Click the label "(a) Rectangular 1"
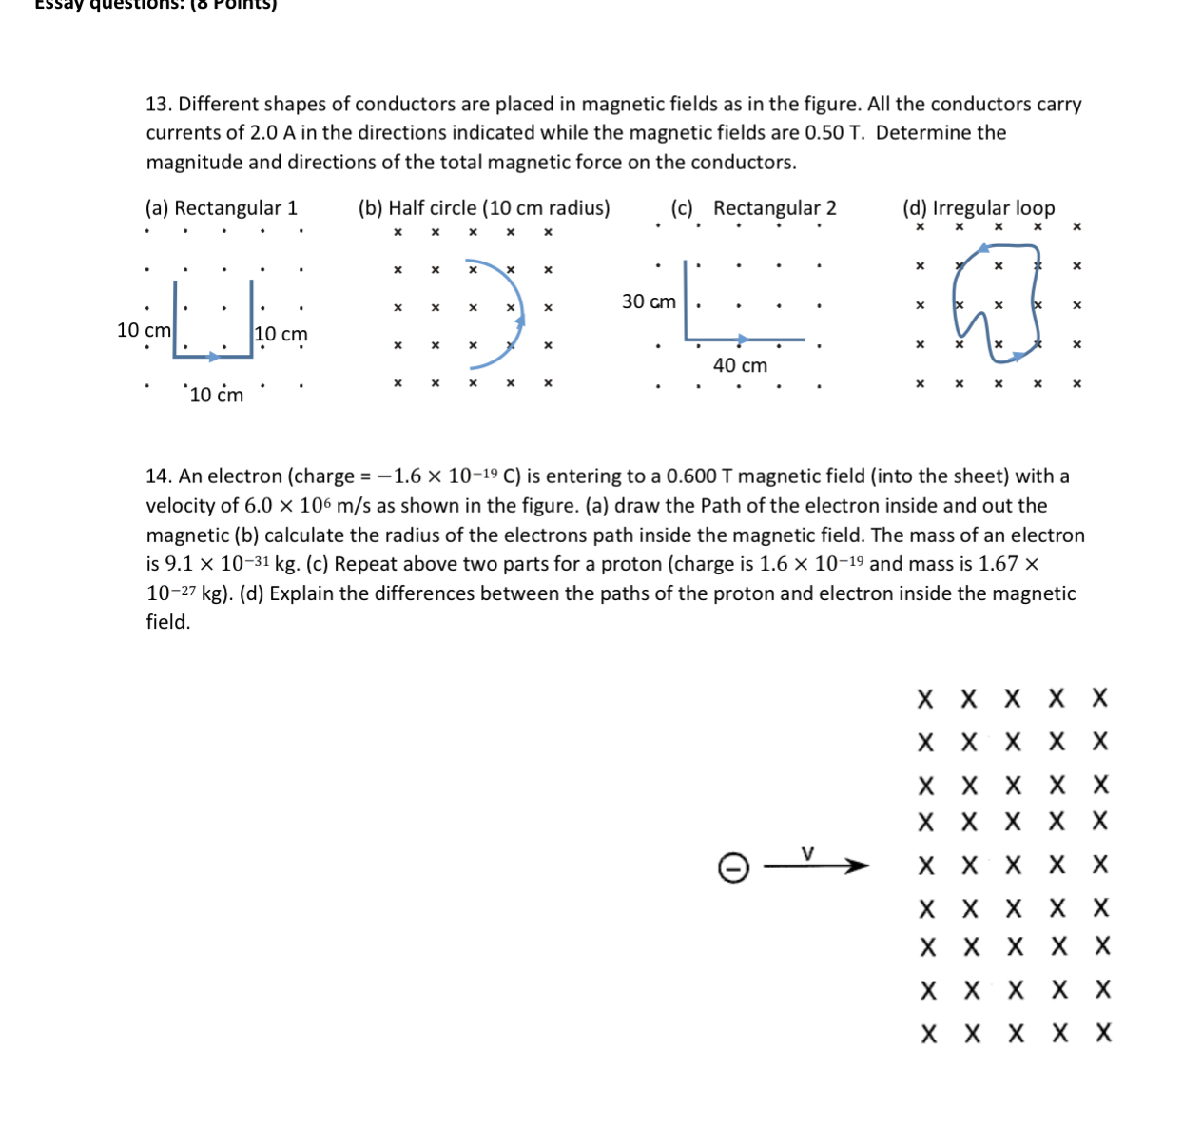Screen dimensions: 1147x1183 (x=221, y=208)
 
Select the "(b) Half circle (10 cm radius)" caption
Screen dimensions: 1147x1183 (x=484, y=208)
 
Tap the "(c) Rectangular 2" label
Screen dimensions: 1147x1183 (x=754, y=208)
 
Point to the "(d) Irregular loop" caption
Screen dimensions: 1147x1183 (x=979, y=208)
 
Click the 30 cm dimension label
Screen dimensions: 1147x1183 (x=649, y=301)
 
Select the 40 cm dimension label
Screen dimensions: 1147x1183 (x=740, y=366)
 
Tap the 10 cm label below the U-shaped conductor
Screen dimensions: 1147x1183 (x=216, y=396)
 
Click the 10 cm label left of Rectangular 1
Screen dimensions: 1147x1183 (x=144, y=330)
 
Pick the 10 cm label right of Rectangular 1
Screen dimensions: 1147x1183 (x=281, y=335)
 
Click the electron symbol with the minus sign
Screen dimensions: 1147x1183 (x=733, y=867)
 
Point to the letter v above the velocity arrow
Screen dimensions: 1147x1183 (x=807, y=853)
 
